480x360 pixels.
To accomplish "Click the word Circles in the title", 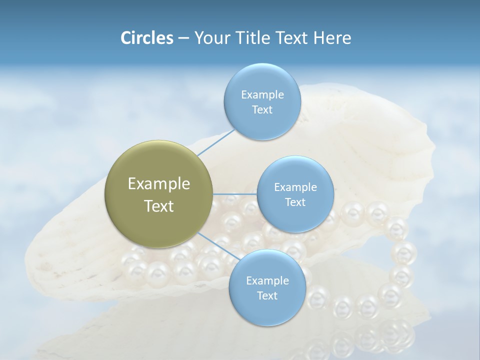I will coord(146,38).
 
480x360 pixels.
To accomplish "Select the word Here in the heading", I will coord(332,38).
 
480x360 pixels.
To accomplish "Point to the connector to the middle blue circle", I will coord(235,194).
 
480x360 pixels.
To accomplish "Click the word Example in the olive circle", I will coord(159,184).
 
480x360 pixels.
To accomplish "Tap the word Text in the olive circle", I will coord(159,206).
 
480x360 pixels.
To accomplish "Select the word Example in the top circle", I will coord(262,95).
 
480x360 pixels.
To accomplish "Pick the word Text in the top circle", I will coord(262,109).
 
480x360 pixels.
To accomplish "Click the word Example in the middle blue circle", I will coord(295,187).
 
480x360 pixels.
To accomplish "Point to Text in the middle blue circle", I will coord(295,202).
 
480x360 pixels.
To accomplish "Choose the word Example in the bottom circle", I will coord(267,281).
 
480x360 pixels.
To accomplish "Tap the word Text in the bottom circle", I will coord(267,295).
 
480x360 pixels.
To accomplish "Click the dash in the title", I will coord(183,38).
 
